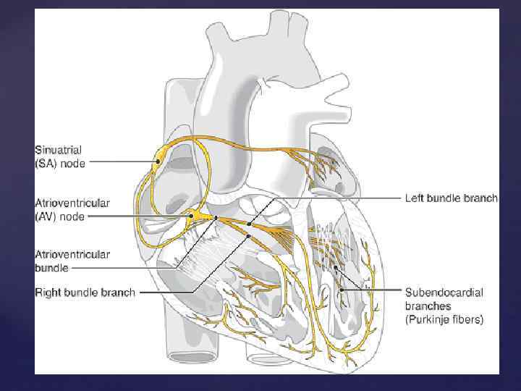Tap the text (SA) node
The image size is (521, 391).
(x=60, y=164)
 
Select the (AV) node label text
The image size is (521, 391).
(x=60, y=216)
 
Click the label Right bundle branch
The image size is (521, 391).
(x=85, y=293)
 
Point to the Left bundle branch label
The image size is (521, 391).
(x=450, y=198)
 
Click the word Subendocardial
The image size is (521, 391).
(x=444, y=293)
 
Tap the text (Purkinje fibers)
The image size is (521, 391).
(x=444, y=319)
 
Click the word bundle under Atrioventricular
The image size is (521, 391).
(x=52, y=267)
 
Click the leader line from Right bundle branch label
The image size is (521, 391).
(x=166, y=293)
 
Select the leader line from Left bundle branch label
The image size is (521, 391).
(x=340, y=198)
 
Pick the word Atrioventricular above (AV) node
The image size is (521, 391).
(x=72, y=203)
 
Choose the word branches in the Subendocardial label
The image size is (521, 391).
(x=428, y=306)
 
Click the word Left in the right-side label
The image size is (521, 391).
(x=413, y=198)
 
